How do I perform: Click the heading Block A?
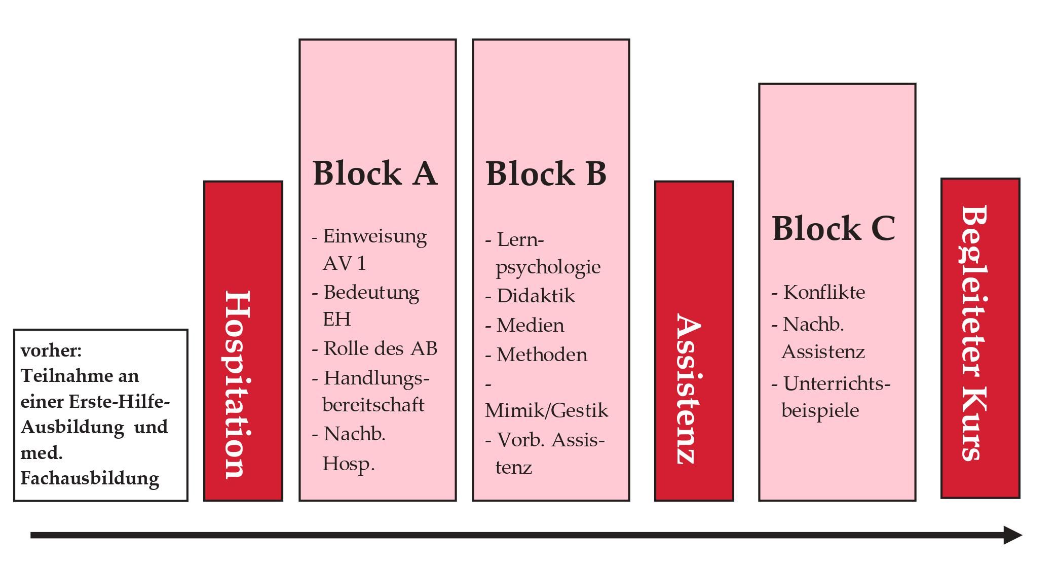(x=375, y=173)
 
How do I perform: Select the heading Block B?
(x=546, y=173)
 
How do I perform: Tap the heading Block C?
(x=834, y=228)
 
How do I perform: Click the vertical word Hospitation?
(x=238, y=384)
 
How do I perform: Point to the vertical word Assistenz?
(x=689, y=389)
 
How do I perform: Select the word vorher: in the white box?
(x=51, y=350)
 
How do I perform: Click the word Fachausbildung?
(x=90, y=478)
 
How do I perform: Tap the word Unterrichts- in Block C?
(x=837, y=383)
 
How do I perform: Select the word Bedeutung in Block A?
(x=371, y=293)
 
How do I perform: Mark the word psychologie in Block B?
(x=548, y=267)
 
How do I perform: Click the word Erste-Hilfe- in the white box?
(x=119, y=402)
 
